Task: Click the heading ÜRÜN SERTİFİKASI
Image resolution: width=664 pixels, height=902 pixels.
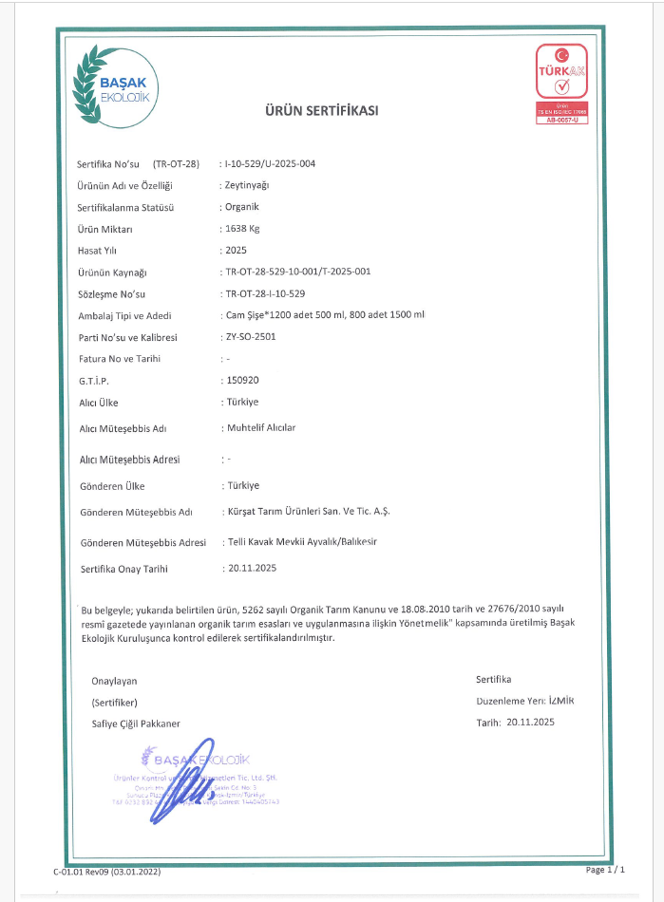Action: click(321, 111)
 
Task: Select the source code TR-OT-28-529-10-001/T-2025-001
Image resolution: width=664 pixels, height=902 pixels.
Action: click(297, 272)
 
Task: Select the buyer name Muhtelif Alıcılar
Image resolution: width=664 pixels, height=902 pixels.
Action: click(261, 427)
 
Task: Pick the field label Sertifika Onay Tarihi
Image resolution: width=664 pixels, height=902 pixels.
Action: click(124, 569)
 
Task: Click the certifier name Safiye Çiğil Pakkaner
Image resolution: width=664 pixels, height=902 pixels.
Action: click(136, 723)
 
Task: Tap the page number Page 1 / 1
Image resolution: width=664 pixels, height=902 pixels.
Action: click(606, 869)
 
